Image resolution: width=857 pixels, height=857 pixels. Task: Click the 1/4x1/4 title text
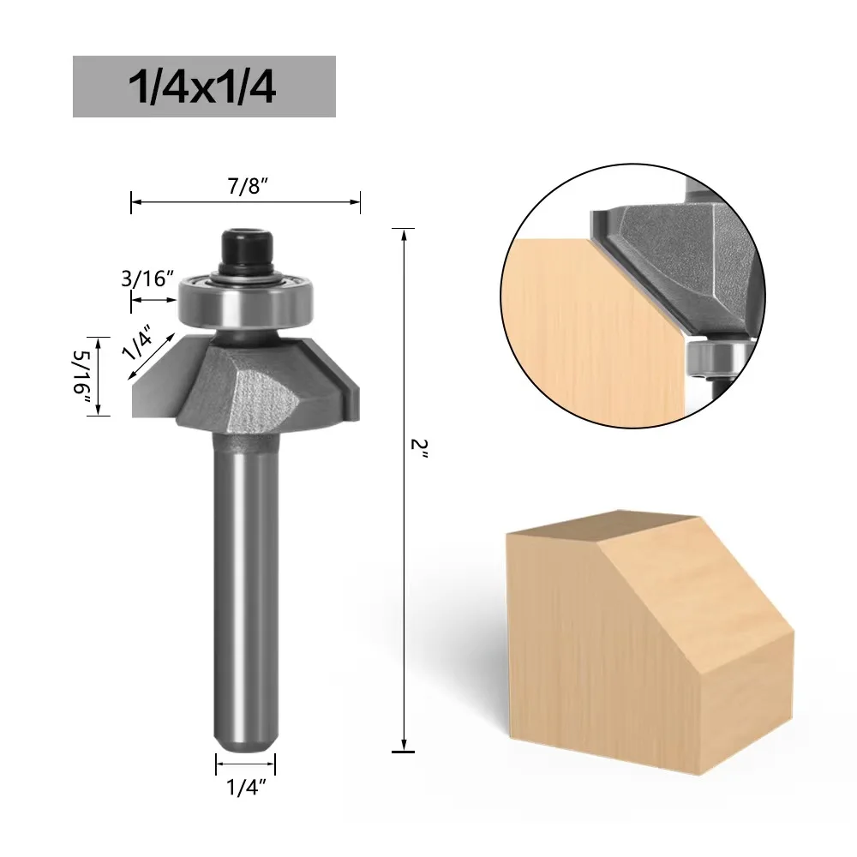[x=202, y=87]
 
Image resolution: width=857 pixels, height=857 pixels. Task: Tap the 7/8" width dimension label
[x=249, y=187]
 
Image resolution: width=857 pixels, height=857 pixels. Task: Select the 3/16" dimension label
[x=147, y=279]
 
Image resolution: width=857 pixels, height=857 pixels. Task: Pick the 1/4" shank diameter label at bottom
[x=246, y=788]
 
